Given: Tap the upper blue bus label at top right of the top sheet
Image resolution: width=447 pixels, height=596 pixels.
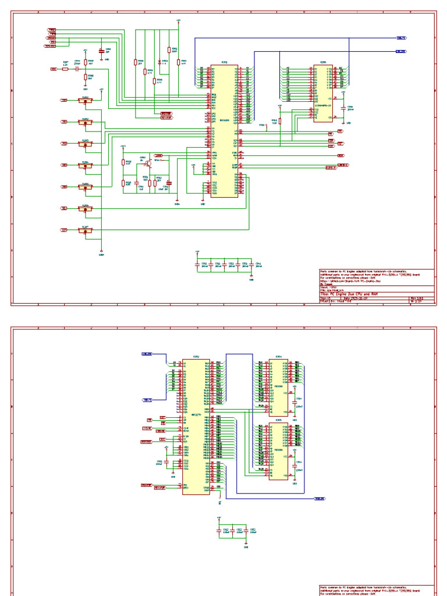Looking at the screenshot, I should click(x=402, y=38).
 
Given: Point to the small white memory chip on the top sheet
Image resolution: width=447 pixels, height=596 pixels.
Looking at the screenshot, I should click(x=323, y=93).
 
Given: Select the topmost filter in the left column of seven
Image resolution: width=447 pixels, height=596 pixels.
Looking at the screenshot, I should click(x=86, y=101).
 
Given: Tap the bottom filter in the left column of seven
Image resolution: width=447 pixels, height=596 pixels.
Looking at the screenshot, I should click(x=86, y=230).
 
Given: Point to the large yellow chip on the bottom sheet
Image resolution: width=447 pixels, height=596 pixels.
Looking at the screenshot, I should click(x=196, y=427).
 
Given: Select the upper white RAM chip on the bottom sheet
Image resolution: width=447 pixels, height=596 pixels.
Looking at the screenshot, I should click(x=278, y=386).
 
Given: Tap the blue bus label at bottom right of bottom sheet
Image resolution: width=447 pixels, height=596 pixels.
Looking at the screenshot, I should click(x=320, y=499).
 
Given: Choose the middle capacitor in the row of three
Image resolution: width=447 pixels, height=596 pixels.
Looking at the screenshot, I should click(x=232, y=531).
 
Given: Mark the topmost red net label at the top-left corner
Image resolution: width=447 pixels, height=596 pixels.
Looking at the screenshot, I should click(x=52, y=29).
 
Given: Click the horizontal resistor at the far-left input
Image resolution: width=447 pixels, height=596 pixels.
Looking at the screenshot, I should click(x=65, y=69).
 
